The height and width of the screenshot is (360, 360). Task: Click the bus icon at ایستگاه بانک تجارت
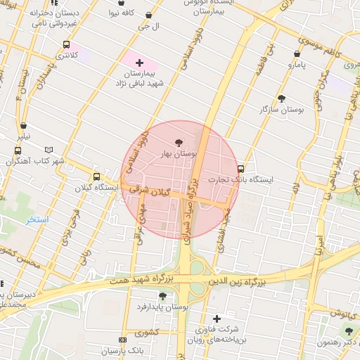[x=241, y=169]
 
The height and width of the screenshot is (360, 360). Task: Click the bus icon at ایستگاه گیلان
[x=96, y=176]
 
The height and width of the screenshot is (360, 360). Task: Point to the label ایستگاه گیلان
[x=96, y=188]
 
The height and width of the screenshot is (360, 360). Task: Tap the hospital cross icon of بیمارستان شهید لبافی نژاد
[x=139, y=63]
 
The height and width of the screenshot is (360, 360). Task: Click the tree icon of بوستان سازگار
[x=282, y=98]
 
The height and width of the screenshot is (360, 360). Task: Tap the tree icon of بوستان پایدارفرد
[x=162, y=296]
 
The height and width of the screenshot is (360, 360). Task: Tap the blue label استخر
[x=37, y=219]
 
